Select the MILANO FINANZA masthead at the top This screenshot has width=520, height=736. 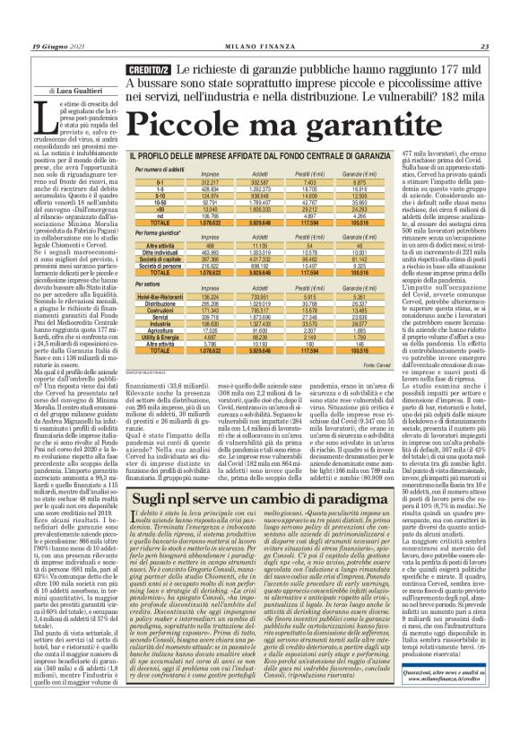point(261,47)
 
